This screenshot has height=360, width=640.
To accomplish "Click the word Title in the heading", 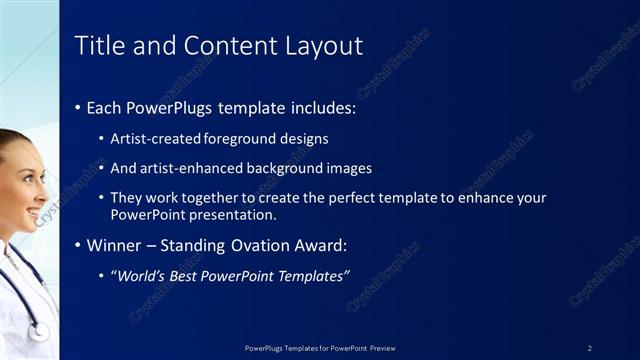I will coord(97,46).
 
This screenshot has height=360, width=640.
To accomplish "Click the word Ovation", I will coord(266,245).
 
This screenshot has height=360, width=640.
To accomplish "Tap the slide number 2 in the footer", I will coord(590,348).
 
